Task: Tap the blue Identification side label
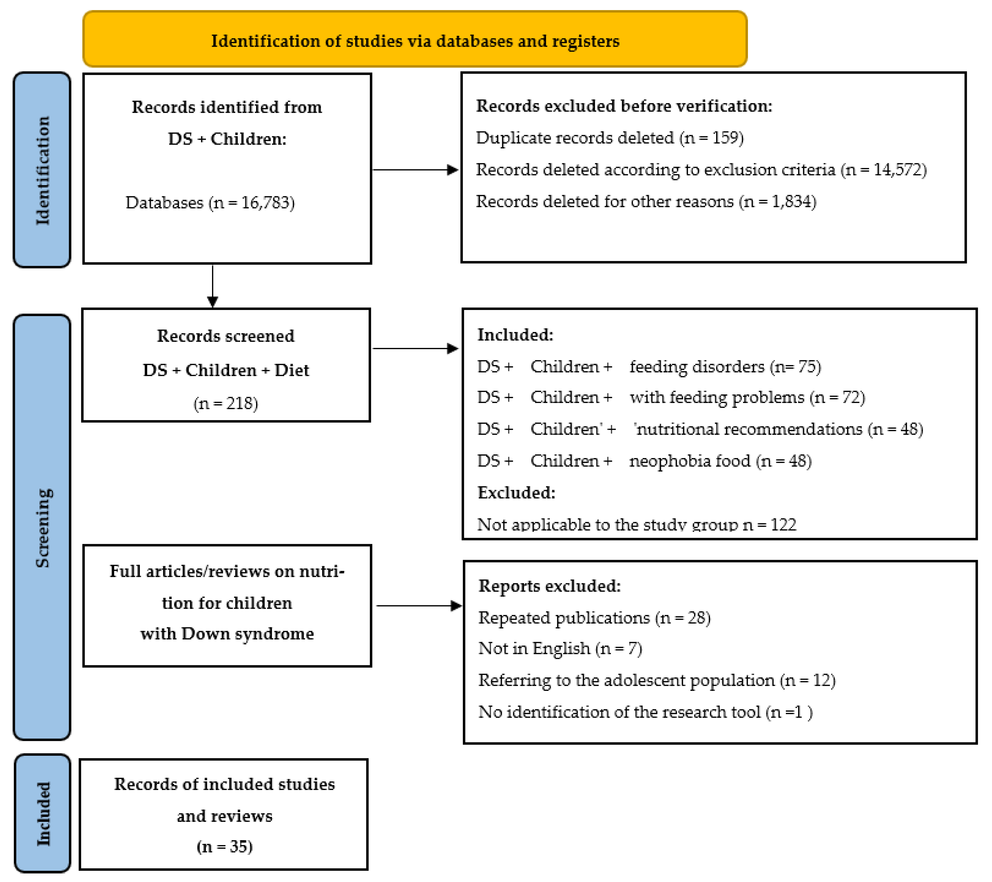point(42,170)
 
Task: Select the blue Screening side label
point(42,528)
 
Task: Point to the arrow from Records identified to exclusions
point(415,170)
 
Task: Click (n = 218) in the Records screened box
point(226,403)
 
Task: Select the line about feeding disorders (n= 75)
point(649,367)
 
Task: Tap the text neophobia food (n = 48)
point(720,461)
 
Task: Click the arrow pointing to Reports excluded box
point(418,606)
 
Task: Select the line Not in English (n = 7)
point(560,649)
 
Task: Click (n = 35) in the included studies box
point(224,847)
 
